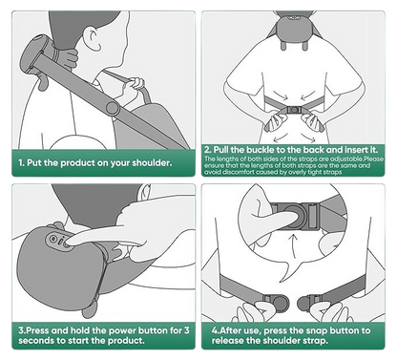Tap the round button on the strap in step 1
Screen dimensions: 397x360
113,108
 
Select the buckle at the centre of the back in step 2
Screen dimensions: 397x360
294,110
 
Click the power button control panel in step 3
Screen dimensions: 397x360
60,240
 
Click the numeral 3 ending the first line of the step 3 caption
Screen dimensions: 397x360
186,330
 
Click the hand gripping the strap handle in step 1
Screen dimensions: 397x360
135,87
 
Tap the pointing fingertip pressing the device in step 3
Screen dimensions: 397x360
68,244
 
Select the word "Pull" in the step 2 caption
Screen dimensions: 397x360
220,150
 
